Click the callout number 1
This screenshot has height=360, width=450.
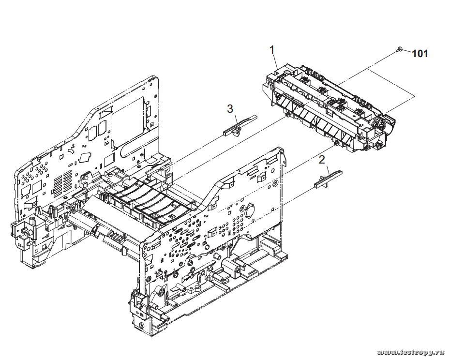(x=272, y=49)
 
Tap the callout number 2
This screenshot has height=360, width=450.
(x=320, y=159)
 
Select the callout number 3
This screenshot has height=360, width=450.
(x=231, y=109)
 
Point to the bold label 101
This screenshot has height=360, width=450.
(x=420, y=54)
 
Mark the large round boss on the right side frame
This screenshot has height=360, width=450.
(x=250, y=212)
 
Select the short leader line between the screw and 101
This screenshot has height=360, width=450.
(x=405, y=51)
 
